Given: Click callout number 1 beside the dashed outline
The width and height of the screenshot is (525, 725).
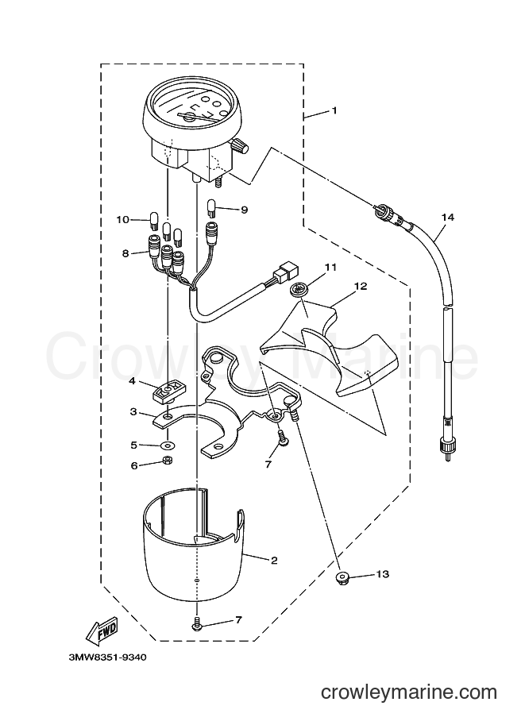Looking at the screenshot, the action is [334, 111].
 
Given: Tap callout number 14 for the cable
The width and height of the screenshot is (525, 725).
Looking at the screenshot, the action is [447, 217].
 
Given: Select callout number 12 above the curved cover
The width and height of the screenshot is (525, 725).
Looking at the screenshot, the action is [361, 286].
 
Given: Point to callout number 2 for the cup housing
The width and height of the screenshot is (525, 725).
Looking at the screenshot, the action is [274, 561].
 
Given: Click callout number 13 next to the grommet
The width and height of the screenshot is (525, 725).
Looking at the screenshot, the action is [383, 574].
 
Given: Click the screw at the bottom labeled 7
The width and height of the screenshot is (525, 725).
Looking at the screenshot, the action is [196, 623].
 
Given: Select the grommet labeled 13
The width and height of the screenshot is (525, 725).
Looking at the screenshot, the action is [341, 577].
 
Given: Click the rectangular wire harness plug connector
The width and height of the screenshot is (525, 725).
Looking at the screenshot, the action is [286, 273].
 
